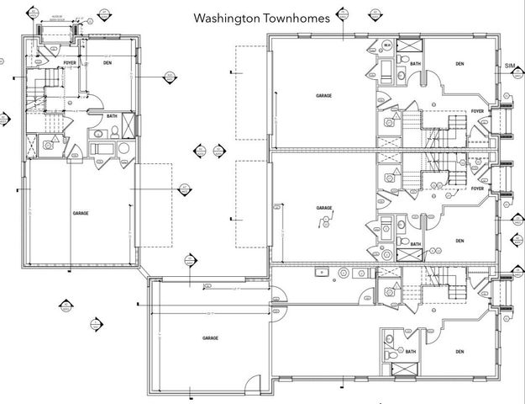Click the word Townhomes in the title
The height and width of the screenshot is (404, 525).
(x=296, y=17)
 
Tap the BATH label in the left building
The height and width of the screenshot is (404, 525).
(x=112, y=116)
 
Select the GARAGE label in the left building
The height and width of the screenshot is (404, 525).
(x=81, y=214)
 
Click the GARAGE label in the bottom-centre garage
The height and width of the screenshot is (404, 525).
(x=209, y=338)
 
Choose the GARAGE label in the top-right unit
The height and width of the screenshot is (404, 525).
(x=323, y=96)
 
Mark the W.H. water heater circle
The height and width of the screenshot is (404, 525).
(x=387, y=45)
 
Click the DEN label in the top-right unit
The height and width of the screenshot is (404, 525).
(x=459, y=63)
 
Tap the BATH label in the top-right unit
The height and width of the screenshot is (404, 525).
(x=416, y=63)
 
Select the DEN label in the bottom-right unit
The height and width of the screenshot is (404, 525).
(x=459, y=351)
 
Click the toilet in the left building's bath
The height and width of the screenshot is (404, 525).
(x=99, y=133)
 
